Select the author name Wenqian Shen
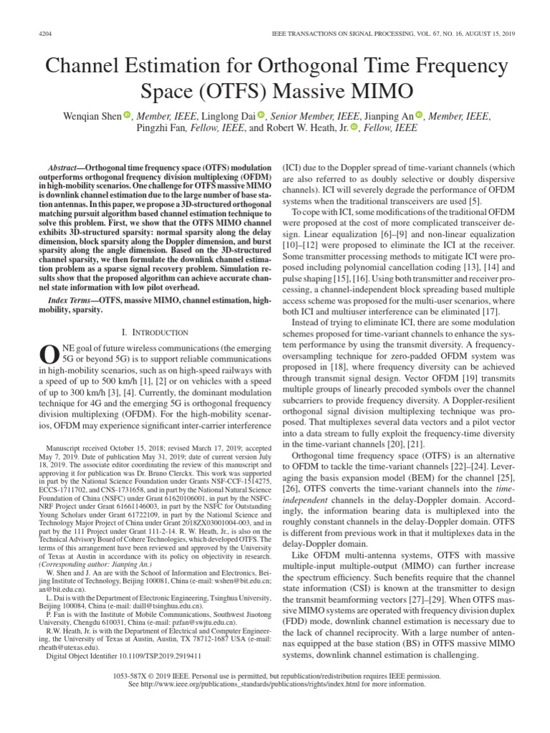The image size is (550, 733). coord(90,115)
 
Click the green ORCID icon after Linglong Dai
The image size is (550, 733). coord(261,115)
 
